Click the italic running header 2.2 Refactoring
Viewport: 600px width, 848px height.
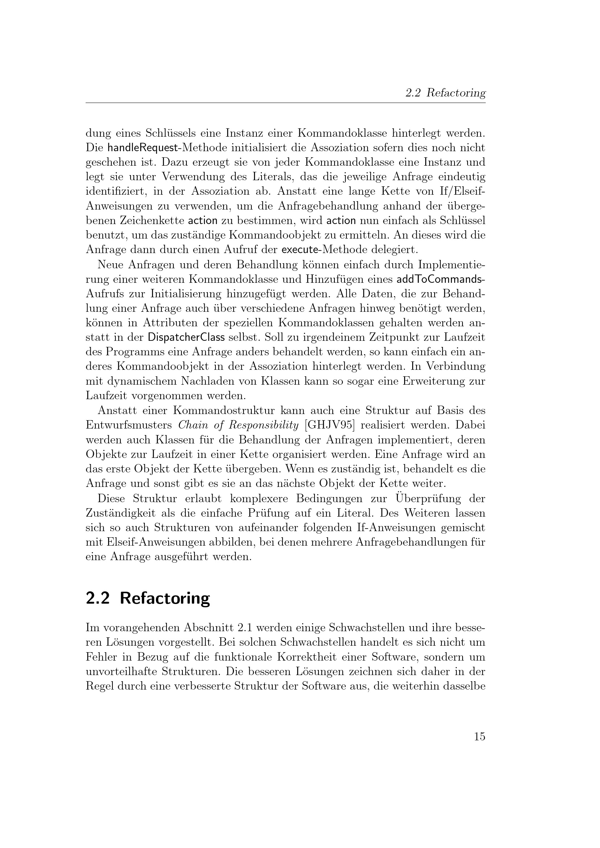tap(445, 93)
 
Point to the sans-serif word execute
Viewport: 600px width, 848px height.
tap(299, 250)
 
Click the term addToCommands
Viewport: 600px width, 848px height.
tap(441, 279)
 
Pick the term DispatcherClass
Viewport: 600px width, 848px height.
tap(186, 338)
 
